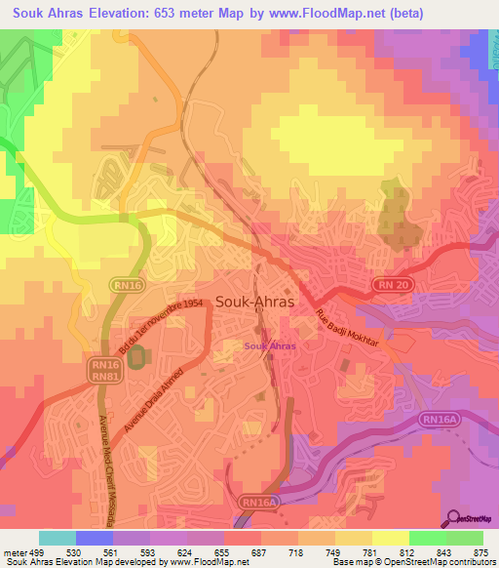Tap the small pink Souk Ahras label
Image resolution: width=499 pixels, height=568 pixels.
click(x=270, y=345)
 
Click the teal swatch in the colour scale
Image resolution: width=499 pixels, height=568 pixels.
click(x=57, y=538)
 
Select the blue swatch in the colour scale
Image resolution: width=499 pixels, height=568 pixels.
click(x=94, y=538)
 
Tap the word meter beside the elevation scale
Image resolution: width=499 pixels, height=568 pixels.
click(x=15, y=554)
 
